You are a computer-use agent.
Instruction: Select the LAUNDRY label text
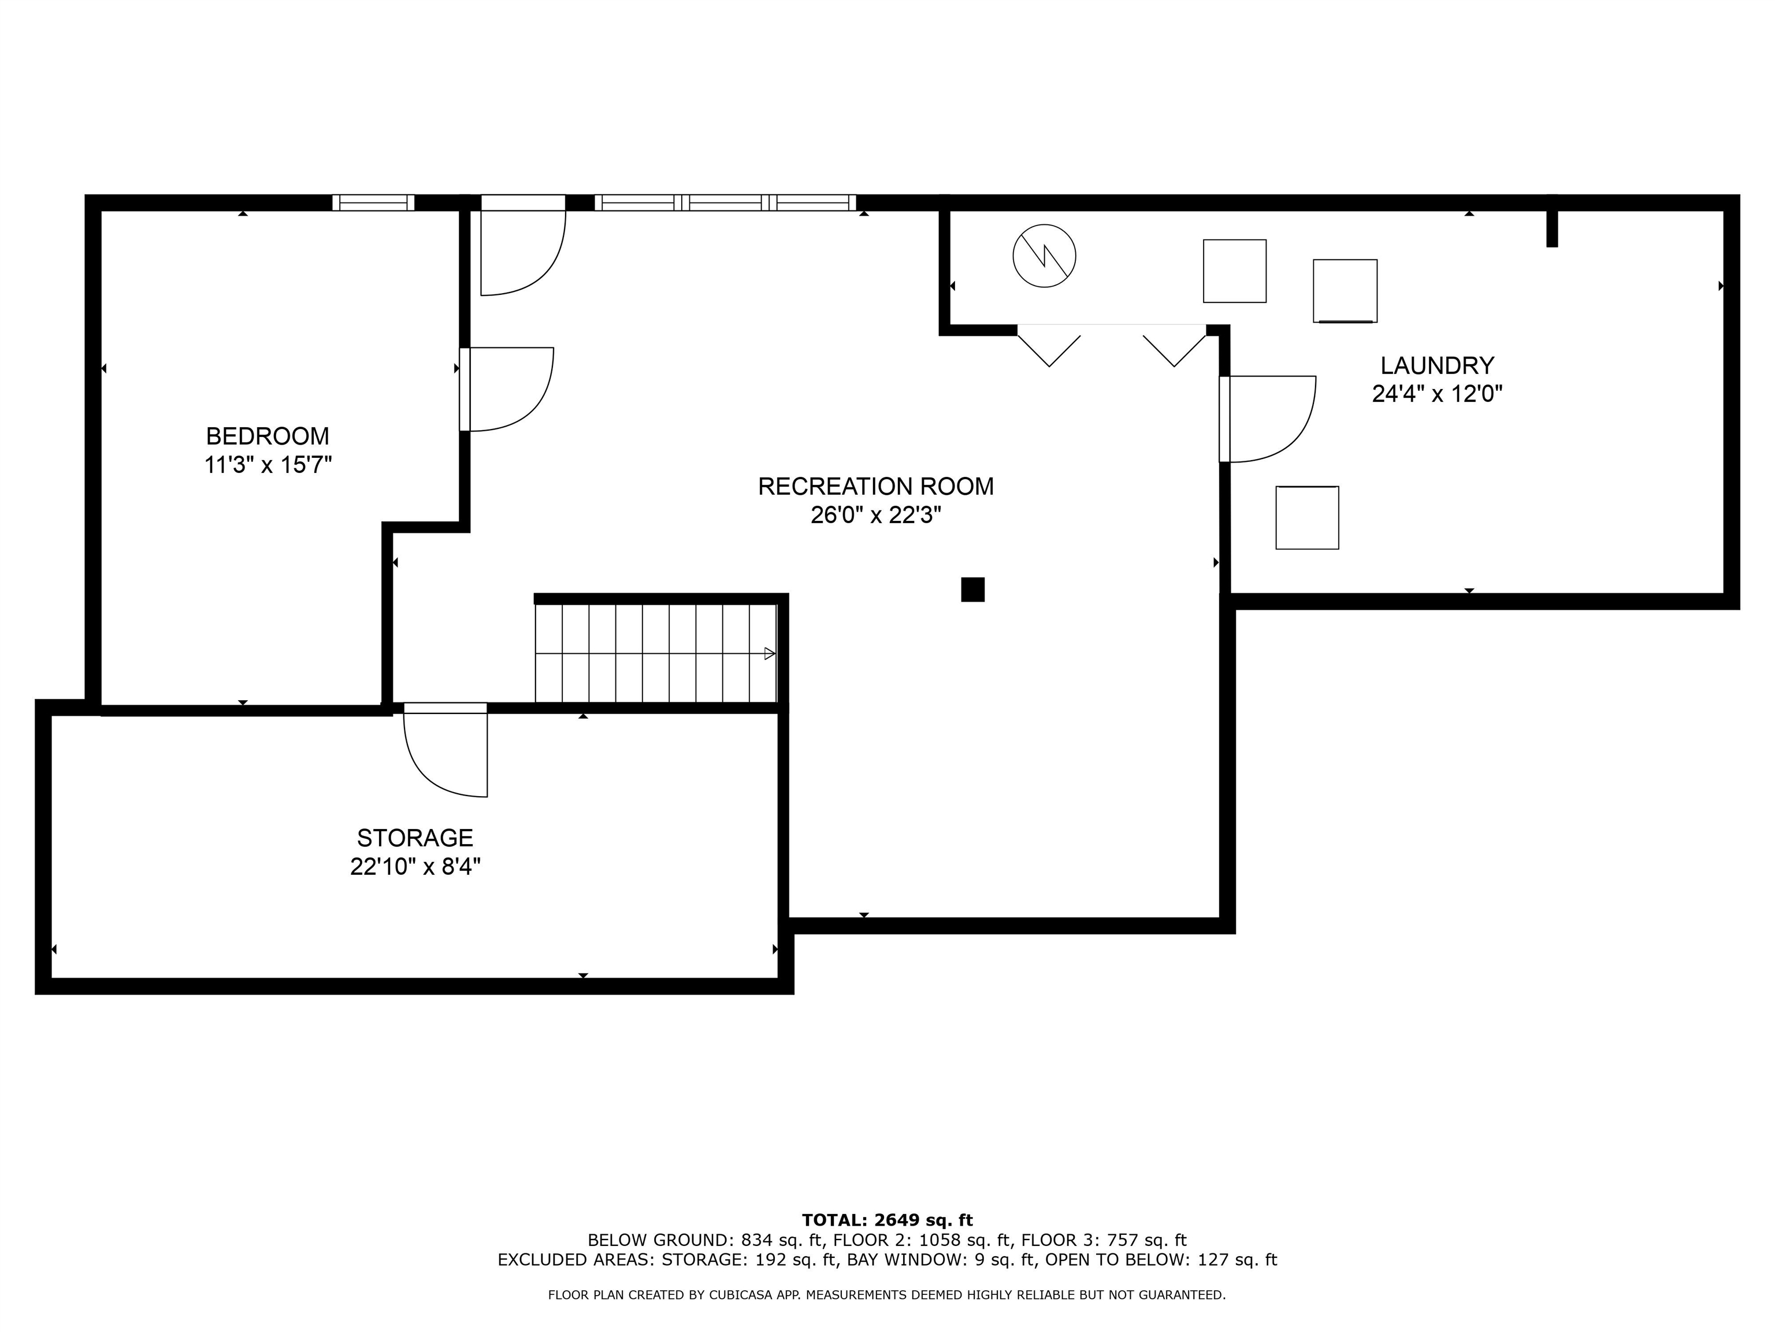coord(1436,365)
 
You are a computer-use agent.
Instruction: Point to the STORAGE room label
coord(415,838)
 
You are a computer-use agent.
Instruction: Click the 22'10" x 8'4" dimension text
coord(415,867)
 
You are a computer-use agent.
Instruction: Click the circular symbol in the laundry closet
coord(1044,256)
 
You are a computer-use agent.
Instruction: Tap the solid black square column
coord(972,589)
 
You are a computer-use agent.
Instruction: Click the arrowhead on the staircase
coord(768,653)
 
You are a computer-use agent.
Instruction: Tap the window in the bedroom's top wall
coord(373,202)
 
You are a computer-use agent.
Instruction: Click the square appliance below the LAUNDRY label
coord(1306,518)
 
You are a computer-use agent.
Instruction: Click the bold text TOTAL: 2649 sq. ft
coord(887,1220)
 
